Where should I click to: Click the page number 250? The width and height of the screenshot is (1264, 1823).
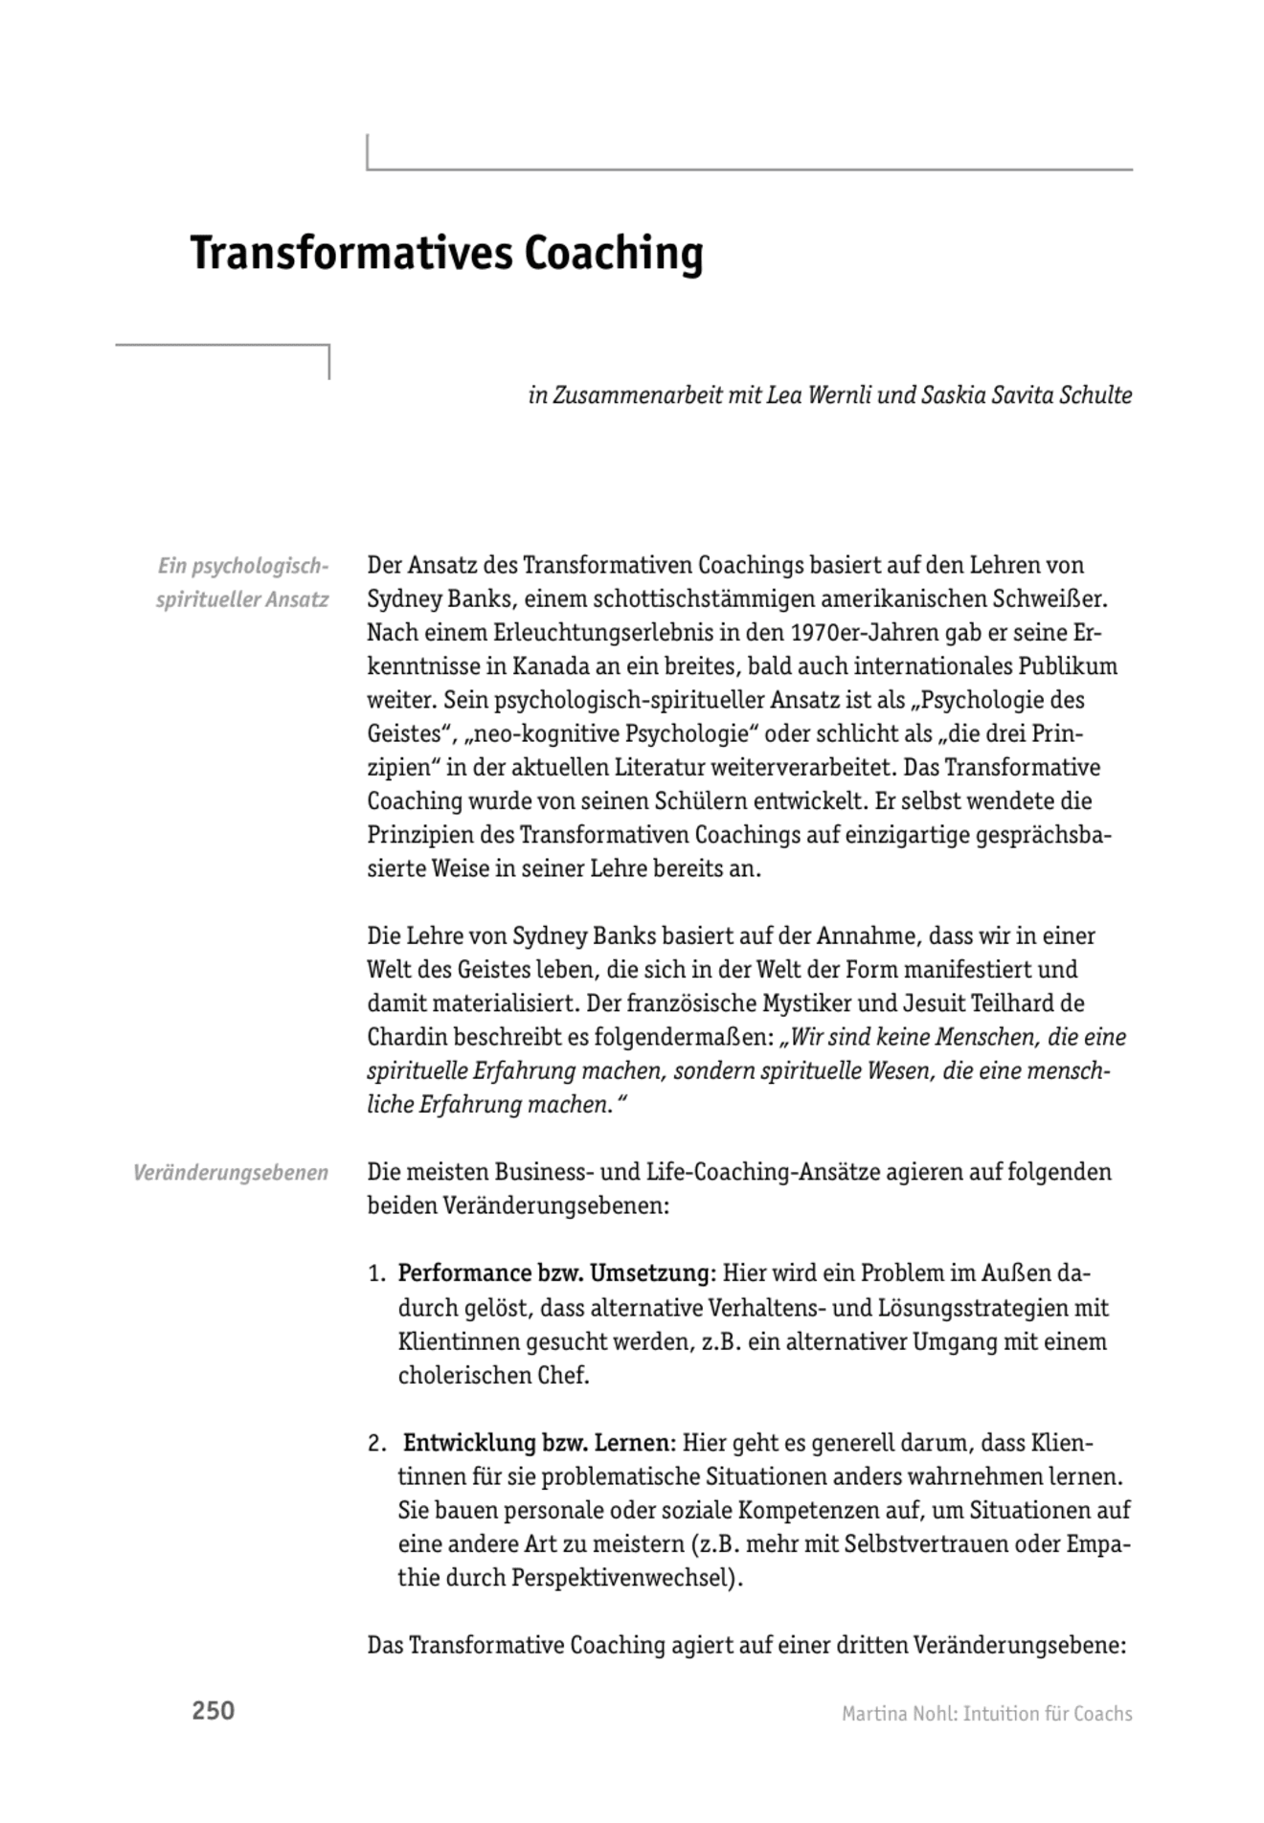[x=213, y=1711]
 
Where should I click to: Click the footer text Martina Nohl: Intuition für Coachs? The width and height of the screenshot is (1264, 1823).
[x=986, y=1714]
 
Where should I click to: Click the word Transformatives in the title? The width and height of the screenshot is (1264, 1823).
[x=350, y=255]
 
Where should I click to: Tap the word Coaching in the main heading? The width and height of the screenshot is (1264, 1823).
[x=613, y=255]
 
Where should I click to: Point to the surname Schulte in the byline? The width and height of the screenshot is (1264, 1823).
[x=1095, y=395]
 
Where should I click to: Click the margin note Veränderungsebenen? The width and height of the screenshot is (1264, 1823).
[x=231, y=1173]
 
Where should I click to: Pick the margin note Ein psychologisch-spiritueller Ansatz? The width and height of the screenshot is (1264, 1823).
[x=243, y=583]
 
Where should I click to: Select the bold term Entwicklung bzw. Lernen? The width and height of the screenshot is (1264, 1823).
[x=539, y=1443]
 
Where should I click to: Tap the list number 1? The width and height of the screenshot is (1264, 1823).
[x=376, y=1274]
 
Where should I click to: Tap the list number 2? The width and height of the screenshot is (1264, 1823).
[x=376, y=1444]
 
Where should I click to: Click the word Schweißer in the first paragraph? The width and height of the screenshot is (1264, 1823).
[x=1057, y=599]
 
